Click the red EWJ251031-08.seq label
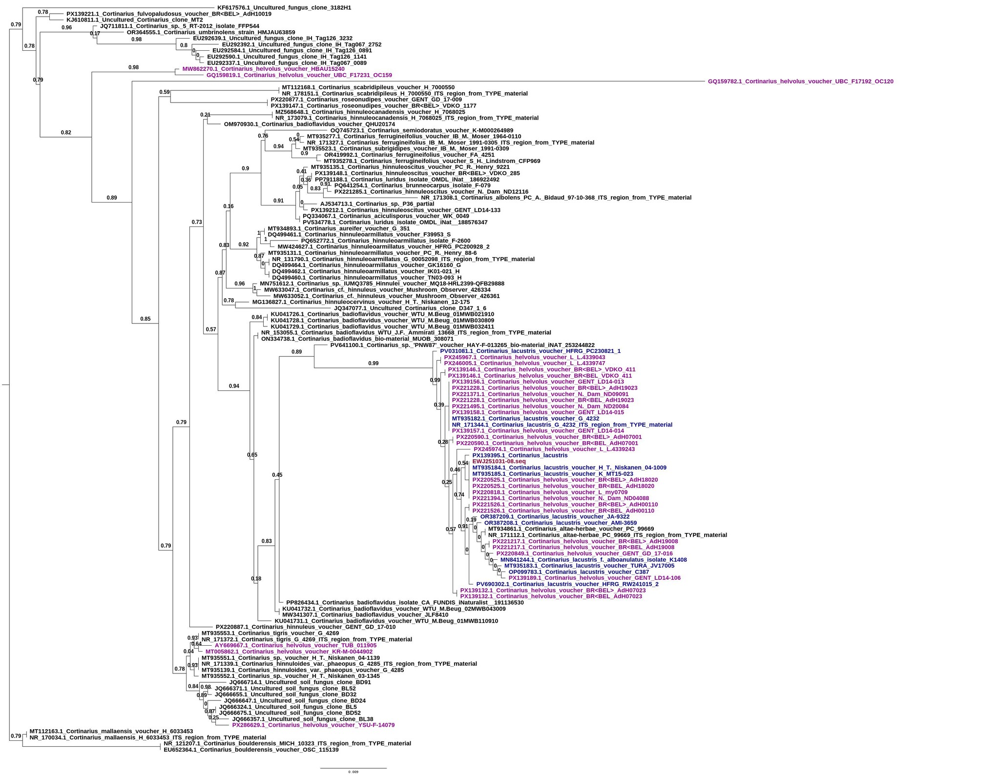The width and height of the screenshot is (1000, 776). pyautogui.click(x=499, y=461)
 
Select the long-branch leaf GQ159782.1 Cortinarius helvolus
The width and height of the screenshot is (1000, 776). pyautogui.click(x=800, y=82)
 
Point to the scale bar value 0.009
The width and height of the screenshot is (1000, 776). pyautogui.click(x=353, y=772)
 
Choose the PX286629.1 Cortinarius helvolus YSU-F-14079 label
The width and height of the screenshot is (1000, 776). pyautogui.click(x=313, y=725)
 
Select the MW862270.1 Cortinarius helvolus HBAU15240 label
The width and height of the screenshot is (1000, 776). pyautogui.click(x=263, y=69)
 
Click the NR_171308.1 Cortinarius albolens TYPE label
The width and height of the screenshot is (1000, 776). pyautogui.click(x=556, y=198)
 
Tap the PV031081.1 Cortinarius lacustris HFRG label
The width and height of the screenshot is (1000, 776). pyautogui.click(x=530, y=351)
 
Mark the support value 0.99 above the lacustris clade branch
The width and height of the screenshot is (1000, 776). pyautogui.click(x=373, y=363)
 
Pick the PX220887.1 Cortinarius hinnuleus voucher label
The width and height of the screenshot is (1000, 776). pyautogui.click(x=305, y=627)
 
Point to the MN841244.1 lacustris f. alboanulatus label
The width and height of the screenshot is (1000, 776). pyautogui.click(x=593, y=560)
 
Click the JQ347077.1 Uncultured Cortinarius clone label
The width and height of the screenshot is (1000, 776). pyautogui.click(x=410, y=308)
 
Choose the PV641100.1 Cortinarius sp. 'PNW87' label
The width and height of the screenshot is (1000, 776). pyautogui.click(x=462, y=345)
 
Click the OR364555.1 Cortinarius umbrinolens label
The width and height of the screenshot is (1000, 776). pyautogui.click(x=210, y=32)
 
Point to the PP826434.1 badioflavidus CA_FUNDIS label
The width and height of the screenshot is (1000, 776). pyautogui.click(x=404, y=603)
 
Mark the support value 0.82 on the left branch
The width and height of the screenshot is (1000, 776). pyautogui.click(x=66, y=132)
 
